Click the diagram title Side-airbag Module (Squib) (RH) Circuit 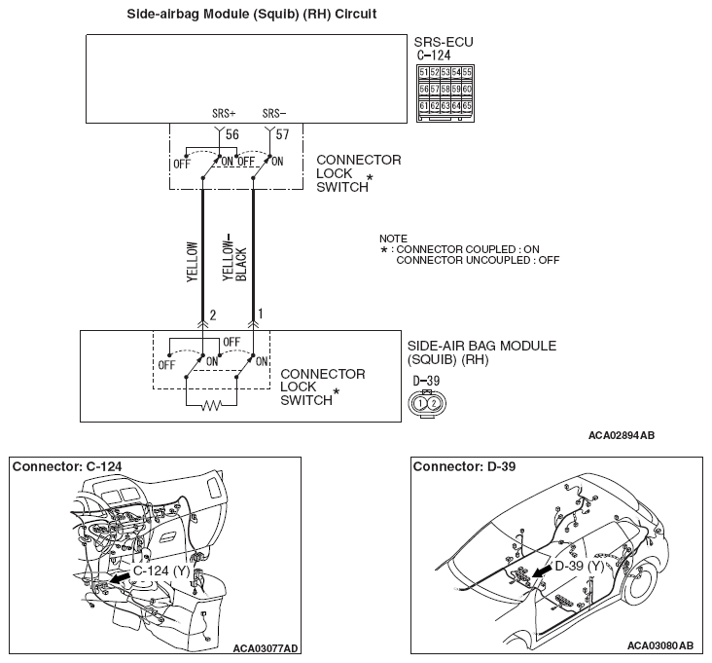(252, 15)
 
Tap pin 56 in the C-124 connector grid (423, 89)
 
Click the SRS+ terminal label (223, 113)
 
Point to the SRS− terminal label (274, 113)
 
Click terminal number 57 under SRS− (282, 132)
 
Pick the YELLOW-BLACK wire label (234, 257)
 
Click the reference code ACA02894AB (621, 435)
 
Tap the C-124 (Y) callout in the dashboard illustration (161, 571)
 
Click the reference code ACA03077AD (266, 646)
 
